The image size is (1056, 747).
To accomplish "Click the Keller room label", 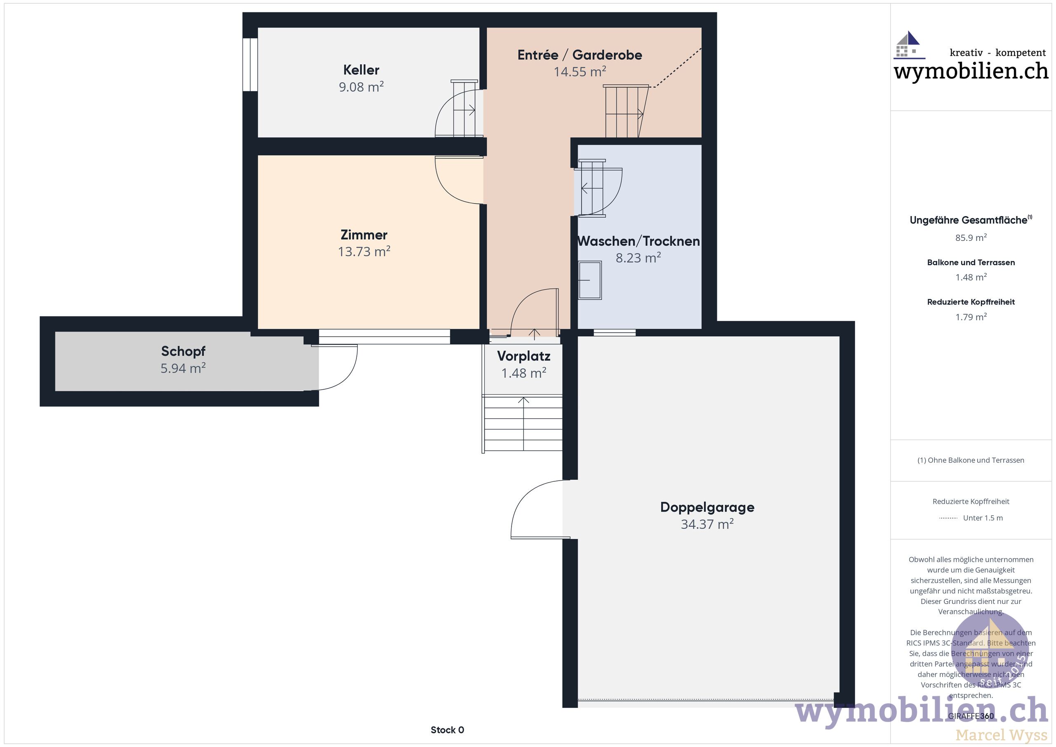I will pos(361,70).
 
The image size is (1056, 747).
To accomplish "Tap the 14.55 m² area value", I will pos(580,72).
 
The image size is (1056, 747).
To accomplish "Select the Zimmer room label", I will pos(364,235).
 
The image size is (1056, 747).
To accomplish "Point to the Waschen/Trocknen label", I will pos(639,241).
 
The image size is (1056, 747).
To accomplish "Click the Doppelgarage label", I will pos(707,507).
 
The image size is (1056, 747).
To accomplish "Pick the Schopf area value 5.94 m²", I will pos(183,368).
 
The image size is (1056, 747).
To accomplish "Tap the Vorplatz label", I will pos(523,356).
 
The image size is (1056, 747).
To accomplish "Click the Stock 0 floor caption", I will pos(447,730).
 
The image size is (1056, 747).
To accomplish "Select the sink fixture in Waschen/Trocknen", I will pos(589,280).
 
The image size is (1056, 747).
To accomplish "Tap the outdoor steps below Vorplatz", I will pos(523,423).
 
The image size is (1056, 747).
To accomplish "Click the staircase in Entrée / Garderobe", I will pos(625,112).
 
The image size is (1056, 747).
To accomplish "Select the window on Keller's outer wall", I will pos(250,64).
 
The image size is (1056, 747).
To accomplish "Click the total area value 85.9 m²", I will pos(971,238).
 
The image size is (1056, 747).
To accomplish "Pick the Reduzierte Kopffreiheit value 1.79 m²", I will pos(971,317).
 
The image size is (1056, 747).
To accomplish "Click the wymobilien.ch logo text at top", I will pos(971,71).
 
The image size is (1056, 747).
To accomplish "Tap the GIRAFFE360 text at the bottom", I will pos(971,716).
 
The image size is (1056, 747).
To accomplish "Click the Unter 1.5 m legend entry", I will pos(983,518).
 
